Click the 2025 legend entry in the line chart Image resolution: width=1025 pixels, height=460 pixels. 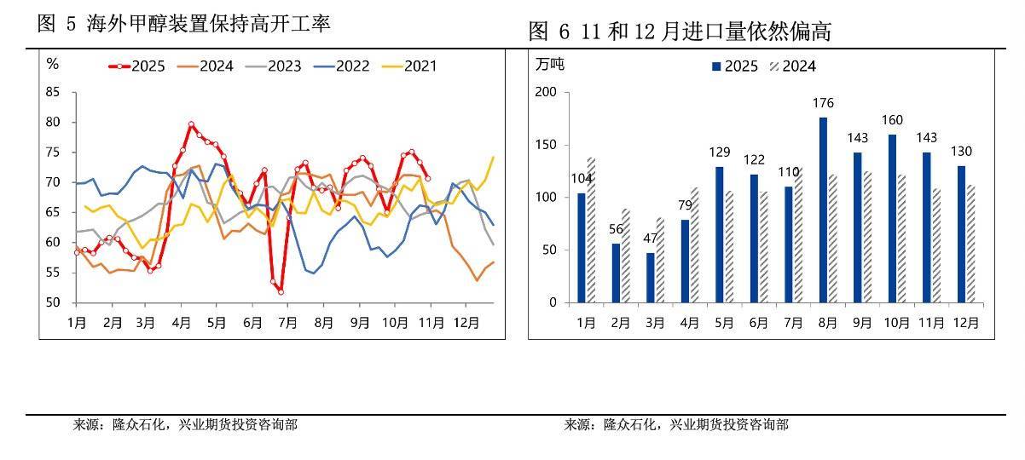[137, 66]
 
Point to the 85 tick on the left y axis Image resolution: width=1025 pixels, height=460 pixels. [53, 92]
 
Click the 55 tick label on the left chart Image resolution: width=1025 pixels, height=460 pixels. [53, 273]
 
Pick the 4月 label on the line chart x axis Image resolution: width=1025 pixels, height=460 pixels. [181, 324]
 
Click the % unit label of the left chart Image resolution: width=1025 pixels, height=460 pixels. [52, 64]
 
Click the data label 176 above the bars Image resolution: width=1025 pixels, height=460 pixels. [823, 104]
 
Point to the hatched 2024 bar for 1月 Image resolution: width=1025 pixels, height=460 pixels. [591, 230]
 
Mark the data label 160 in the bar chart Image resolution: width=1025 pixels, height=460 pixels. [892, 120]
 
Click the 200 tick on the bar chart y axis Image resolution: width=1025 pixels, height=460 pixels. [544, 92]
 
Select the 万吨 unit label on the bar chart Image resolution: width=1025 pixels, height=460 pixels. [550, 64]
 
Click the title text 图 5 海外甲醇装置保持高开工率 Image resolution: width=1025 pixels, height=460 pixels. [184, 24]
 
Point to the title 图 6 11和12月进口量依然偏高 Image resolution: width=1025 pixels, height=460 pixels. [680, 32]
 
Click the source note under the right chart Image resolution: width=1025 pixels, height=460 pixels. [676, 424]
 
